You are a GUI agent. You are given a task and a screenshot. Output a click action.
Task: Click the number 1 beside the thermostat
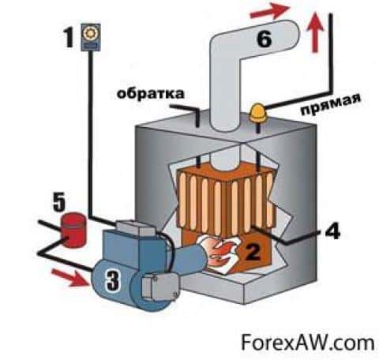point(69,37)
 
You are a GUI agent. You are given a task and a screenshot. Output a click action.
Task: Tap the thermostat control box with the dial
point(91,37)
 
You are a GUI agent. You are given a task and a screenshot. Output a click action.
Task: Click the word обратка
point(150,93)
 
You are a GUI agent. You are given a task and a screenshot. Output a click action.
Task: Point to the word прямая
point(330,104)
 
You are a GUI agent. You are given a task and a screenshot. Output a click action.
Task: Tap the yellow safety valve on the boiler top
point(257,113)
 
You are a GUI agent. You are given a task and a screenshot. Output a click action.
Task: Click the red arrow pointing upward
point(315,32)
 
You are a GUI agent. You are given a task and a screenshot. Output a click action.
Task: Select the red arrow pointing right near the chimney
point(270,11)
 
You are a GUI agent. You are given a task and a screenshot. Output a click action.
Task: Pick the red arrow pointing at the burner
point(70,277)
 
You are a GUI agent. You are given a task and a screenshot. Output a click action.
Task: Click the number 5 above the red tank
point(59,201)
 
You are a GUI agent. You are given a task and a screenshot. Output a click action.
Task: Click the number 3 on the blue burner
point(113,280)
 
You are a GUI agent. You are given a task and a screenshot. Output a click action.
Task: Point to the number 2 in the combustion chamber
point(251,252)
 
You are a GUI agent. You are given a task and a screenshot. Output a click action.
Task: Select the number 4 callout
point(332,230)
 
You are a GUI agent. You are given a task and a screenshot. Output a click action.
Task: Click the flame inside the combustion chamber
point(220,253)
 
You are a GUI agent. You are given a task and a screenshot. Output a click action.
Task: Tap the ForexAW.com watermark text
point(307,342)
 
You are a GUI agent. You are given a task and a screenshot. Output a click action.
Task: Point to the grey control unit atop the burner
point(135,228)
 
